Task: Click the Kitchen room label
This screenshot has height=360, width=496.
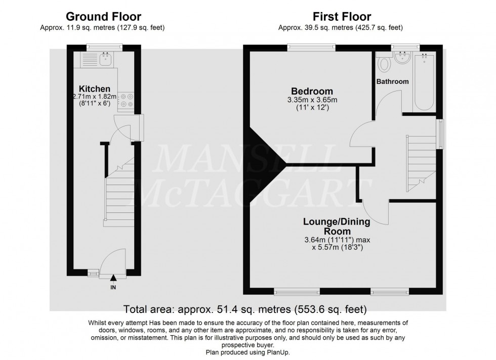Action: pyautogui.click(x=92, y=88)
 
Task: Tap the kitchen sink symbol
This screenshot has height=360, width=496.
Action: pyautogui.click(x=107, y=60)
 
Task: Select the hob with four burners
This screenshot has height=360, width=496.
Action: pyautogui.click(x=127, y=100)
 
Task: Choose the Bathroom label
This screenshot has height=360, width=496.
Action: pyautogui.click(x=392, y=81)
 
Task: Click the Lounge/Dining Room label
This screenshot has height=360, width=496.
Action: pyautogui.click(x=337, y=226)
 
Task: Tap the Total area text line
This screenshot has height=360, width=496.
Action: pyautogui.click(x=245, y=308)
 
